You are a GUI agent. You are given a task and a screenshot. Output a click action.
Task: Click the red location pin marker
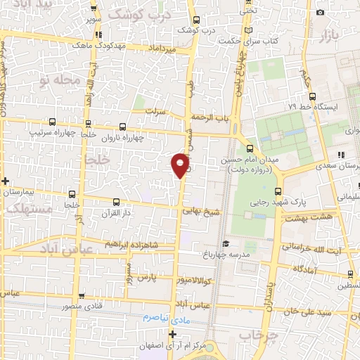tap(181, 165)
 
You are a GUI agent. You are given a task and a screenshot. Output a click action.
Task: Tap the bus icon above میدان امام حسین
tap(250, 148)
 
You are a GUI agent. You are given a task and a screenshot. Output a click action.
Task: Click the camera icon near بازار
tap(321, 12)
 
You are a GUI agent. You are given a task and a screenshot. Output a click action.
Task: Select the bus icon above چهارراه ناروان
tap(124, 127)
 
